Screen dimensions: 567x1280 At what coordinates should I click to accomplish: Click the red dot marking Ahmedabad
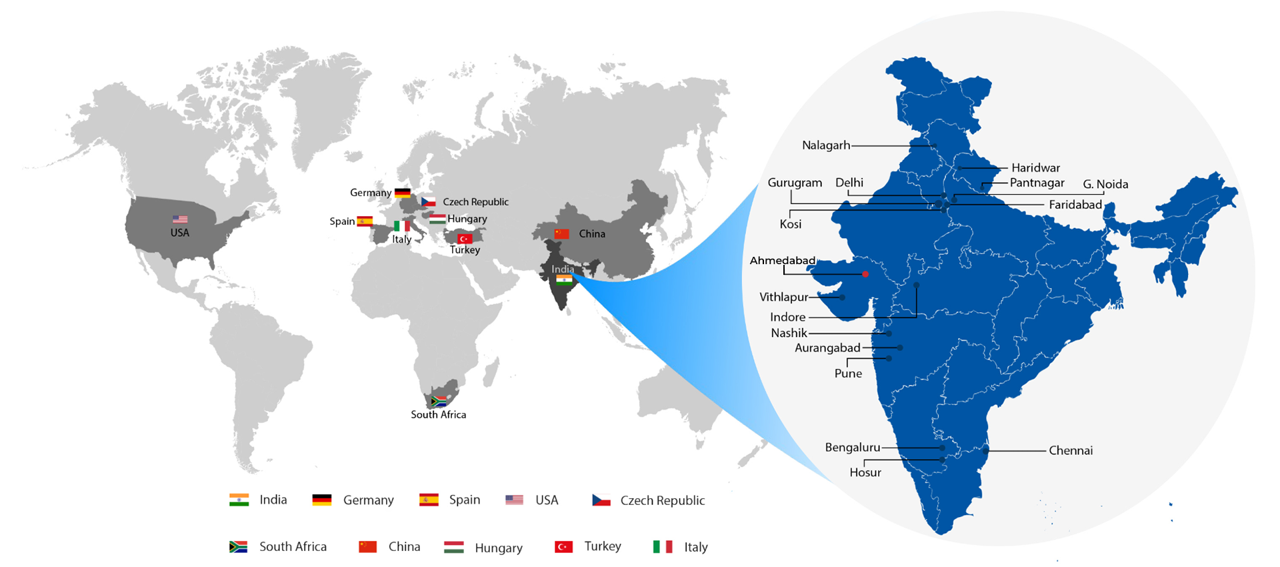[x=865, y=274]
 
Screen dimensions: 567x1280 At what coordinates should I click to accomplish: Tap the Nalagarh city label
[x=826, y=145]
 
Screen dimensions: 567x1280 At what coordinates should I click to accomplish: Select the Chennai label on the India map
[x=1071, y=451]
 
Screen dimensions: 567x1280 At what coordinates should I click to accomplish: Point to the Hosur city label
[x=865, y=473]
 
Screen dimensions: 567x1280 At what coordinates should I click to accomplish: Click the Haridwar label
[x=1035, y=168]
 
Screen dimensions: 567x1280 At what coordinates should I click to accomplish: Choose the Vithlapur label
[x=783, y=298]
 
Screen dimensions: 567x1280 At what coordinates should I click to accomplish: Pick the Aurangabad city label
[x=827, y=348]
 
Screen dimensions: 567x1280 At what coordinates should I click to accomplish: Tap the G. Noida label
[x=1105, y=185]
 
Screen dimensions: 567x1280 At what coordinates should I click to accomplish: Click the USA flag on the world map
[x=180, y=219]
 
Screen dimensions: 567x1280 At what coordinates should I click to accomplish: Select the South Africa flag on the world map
[x=439, y=402]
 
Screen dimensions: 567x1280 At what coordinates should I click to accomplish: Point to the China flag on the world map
[x=562, y=234]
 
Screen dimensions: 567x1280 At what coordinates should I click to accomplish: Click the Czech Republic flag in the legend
[x=601, y=500]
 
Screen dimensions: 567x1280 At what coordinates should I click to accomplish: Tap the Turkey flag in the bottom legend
[x=563, y=547]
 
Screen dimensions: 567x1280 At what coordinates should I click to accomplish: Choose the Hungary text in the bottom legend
[x=499, y=548]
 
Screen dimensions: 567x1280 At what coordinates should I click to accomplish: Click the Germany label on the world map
[x=371, y=193]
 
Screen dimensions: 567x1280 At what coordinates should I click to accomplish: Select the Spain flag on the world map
[x=365, y=221]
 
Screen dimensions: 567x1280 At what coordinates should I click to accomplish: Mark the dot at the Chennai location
[x=985, y=451]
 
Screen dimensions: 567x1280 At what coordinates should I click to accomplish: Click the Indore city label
[x=788, y=318]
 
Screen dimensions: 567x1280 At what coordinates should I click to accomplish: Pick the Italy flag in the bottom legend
[x=662, y=547]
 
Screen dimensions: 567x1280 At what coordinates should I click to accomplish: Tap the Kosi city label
[x=791, y=224]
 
